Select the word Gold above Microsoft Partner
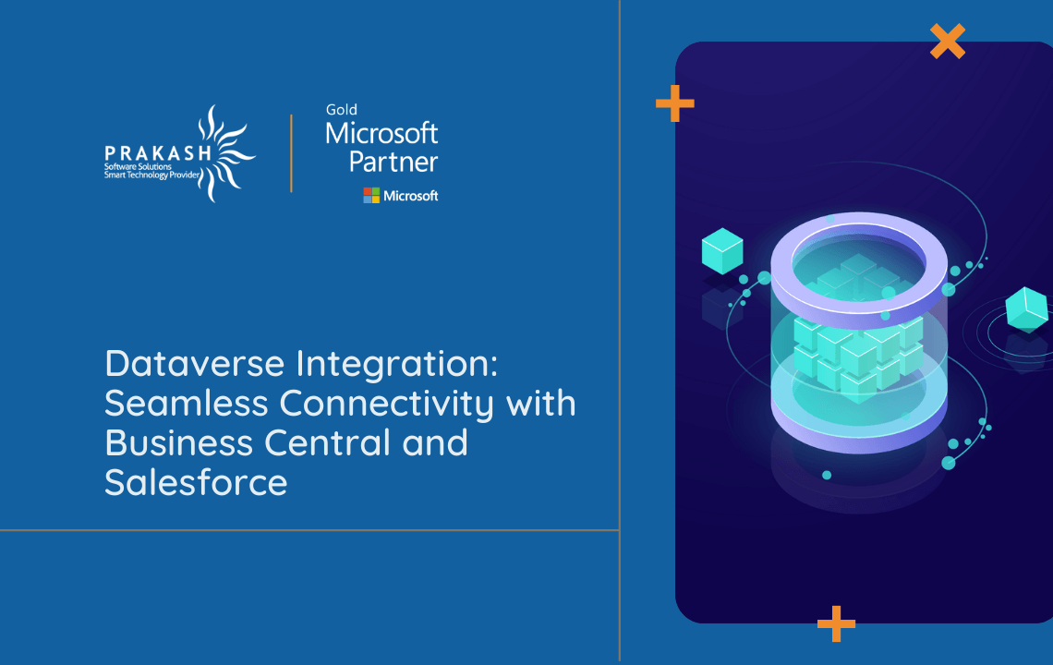coord(341,110)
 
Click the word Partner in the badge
coord(393,163)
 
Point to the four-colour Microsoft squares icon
coord(371,195)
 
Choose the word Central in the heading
coord(327,443)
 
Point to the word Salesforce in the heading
coord(196,483)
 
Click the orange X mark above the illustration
coord(947,41)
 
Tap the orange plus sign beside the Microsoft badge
coord(674,103)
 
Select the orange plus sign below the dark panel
coord(836,623)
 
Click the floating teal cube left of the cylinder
coord(722,250)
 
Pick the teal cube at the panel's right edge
coord(1026,308)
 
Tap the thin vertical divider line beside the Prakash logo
coord(292,153)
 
